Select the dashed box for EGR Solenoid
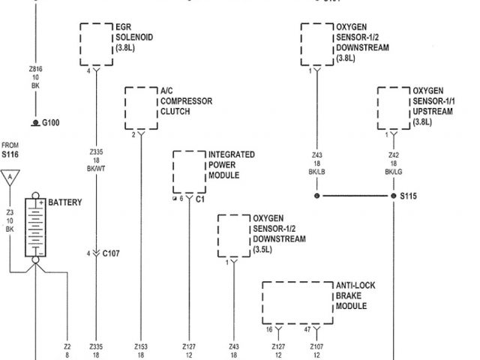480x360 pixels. [96, 43]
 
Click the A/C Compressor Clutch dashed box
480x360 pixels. [140, 108]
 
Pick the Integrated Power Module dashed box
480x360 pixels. [189, 172]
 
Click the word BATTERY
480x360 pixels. [65, 202]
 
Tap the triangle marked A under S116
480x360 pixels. [10, 178]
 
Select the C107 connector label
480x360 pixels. [112, 253]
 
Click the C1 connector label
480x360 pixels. [200, 201]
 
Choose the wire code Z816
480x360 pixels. [34, 68]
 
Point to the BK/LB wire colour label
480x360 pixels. [316, 172]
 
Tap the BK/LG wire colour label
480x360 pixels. [393, 172]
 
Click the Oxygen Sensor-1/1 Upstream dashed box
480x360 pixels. [393, 107]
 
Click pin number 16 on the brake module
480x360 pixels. [269, 328]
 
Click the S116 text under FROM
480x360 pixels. [10, 154]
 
